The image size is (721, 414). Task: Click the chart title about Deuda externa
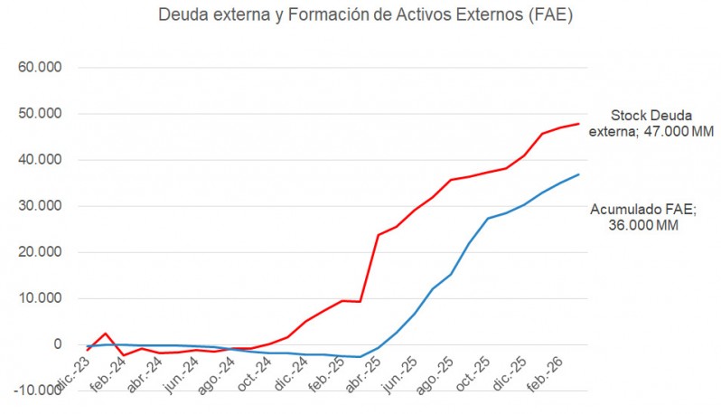[365, 15]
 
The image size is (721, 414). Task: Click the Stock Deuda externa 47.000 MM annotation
[651, 124]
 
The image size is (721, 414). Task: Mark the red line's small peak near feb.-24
[106, 334]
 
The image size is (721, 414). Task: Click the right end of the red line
[578, 124]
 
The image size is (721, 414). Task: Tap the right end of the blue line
[578, 174]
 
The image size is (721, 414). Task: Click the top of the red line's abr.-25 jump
[379, 235]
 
